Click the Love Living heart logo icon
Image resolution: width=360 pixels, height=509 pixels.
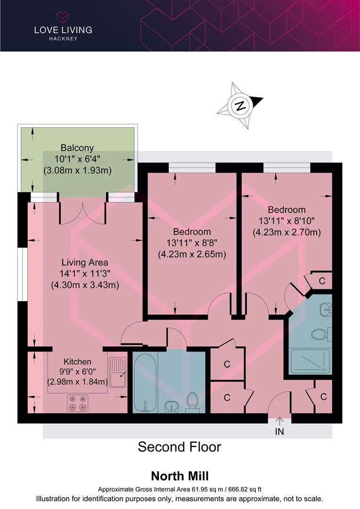[63, 16]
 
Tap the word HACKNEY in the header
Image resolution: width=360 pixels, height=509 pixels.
[63, 39]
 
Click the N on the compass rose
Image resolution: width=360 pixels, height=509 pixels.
[240, 106]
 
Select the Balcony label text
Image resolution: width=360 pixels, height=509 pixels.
[77, 148]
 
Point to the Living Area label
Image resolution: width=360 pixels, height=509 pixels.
[85, 263]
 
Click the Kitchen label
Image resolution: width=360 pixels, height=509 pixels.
[77, 361]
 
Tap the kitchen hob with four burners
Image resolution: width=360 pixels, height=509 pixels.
[78, 403]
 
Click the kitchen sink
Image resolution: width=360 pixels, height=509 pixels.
[117, 372]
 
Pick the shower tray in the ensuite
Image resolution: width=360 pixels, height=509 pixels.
[310, 361]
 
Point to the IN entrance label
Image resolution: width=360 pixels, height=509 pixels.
[279, 431]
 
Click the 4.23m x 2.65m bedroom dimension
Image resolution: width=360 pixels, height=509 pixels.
[192, 254]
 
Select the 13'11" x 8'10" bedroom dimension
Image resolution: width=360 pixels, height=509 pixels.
[286, 221]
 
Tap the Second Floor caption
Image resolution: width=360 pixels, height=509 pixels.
[180, 447]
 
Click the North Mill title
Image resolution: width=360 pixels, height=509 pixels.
[180, 476]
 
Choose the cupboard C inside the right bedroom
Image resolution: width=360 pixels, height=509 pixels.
[322, 280]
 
